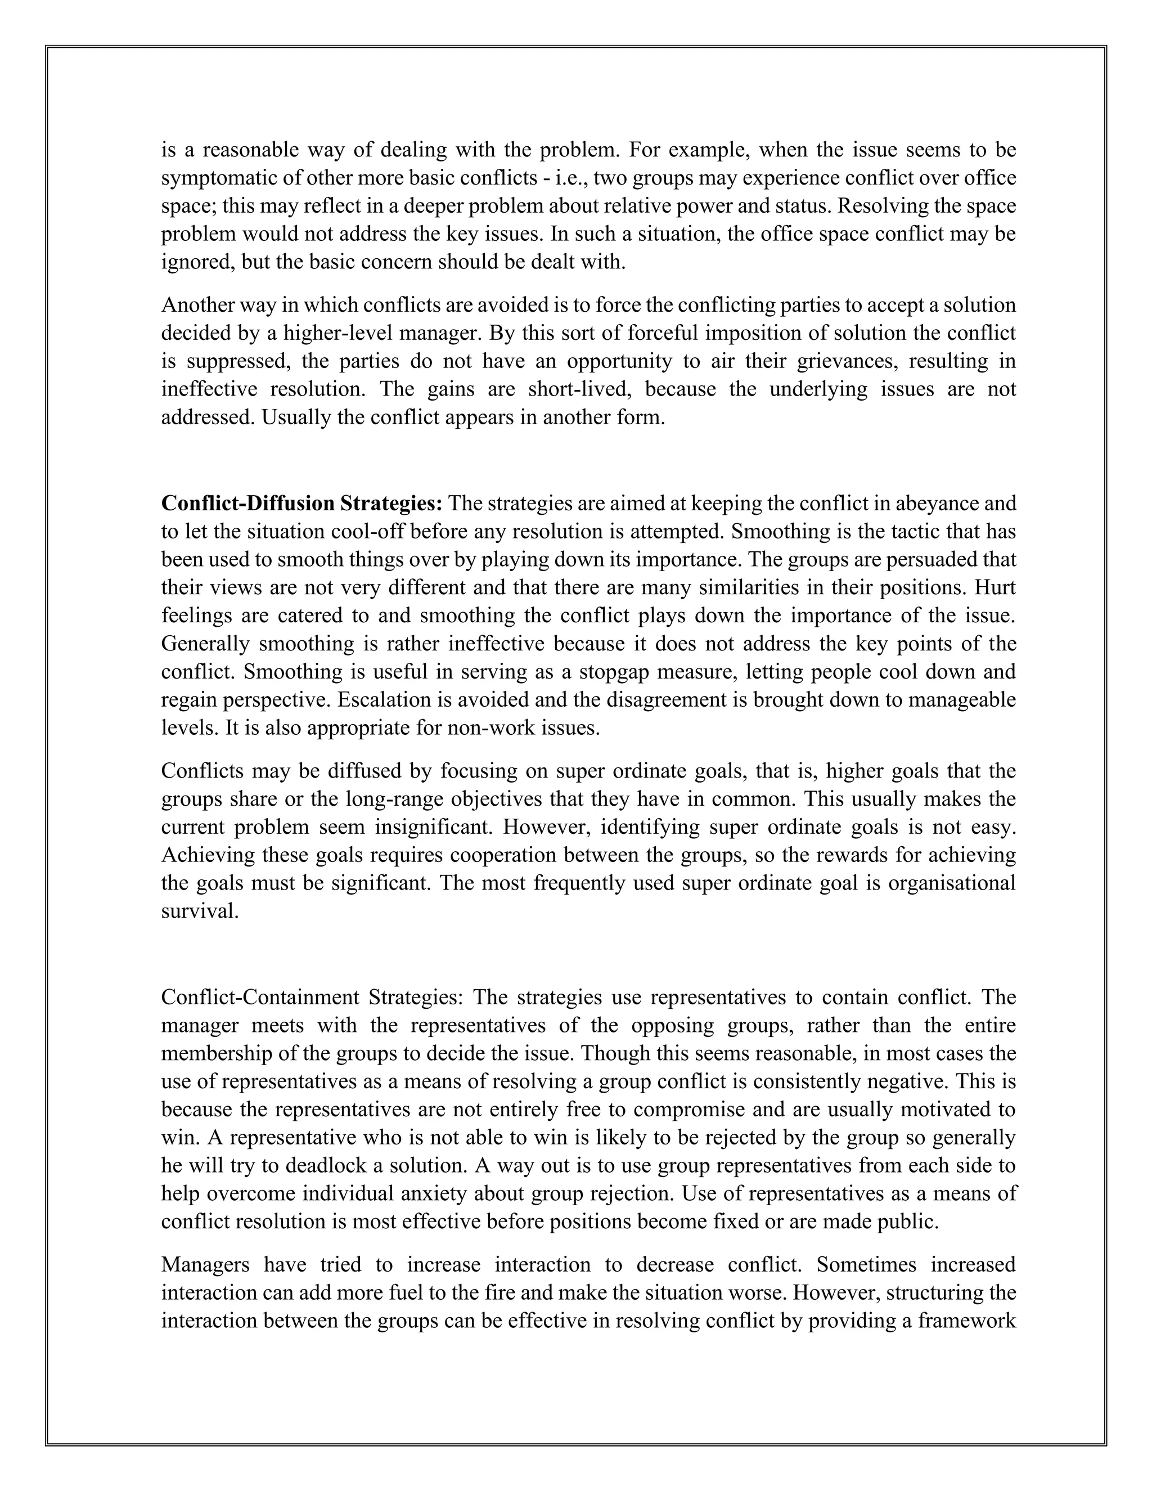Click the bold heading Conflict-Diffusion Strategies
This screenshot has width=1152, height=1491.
pyautogui.click(x=301, y=504)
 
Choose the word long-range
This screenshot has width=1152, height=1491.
pyautogui.click(x=395, y=800)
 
